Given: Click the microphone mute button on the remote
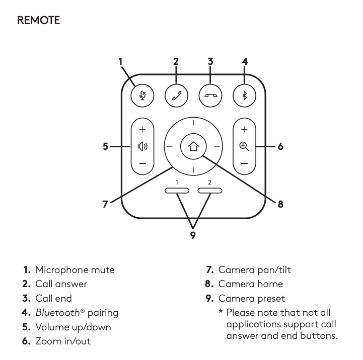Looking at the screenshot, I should click(142, 95).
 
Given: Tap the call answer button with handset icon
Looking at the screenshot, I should click(176, 95).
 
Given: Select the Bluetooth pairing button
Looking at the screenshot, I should click(244, 95).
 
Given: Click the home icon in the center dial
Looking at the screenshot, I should click(193, 147).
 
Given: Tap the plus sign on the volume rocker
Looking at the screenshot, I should click(142, 130).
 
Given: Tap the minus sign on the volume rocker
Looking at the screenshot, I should click(142, 164).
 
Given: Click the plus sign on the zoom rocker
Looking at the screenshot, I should click(244, 130).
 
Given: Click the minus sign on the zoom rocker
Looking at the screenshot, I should click(244, 164).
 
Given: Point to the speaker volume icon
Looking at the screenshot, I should click(142, 147).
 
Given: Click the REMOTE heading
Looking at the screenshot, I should click(38, 21).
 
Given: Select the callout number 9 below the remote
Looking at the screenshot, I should click(193, 235).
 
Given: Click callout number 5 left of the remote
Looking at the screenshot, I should click(105, 147).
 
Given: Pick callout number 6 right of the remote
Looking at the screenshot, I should click(280, 147).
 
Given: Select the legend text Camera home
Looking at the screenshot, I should click(250, 284).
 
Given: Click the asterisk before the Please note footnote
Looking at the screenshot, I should click(221, 313).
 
